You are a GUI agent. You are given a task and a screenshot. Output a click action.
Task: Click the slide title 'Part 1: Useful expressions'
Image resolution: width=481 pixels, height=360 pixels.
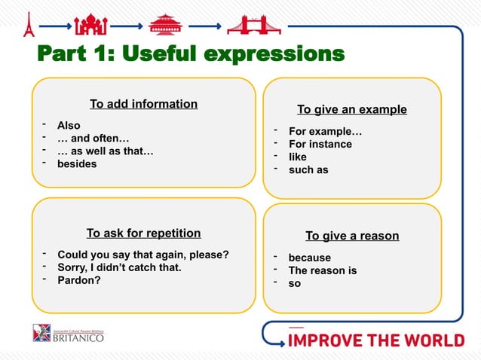point(190,55)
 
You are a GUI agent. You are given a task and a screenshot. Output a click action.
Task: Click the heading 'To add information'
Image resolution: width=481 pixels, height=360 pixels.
point(143,104)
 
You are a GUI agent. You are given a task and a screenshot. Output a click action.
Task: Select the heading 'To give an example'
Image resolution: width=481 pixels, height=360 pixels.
point(351,109)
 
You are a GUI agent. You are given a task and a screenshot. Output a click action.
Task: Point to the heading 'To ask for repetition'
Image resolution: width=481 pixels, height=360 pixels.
point(143,233)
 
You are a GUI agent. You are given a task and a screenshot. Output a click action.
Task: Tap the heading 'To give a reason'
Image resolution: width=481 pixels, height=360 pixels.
point(352,236)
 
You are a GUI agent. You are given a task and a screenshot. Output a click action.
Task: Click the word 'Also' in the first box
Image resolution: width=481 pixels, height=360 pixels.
point(69,125)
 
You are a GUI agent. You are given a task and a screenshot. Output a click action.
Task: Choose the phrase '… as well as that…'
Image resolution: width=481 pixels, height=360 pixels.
point(106,151)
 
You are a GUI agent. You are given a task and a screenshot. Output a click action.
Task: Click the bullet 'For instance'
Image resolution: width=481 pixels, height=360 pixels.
point(320,144)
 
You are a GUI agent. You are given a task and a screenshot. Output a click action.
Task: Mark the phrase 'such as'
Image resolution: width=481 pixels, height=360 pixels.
point(308,169)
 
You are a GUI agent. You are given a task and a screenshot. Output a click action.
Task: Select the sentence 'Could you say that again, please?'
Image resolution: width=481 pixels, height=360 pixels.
point(143,254)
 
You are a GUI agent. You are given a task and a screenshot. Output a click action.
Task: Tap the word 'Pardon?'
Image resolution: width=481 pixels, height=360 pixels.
point(79,280)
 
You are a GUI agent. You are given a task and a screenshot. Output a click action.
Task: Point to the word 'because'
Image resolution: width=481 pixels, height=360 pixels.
point(309,258)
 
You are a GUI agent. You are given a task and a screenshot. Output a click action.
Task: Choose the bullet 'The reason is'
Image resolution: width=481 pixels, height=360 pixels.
point(322,270)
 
